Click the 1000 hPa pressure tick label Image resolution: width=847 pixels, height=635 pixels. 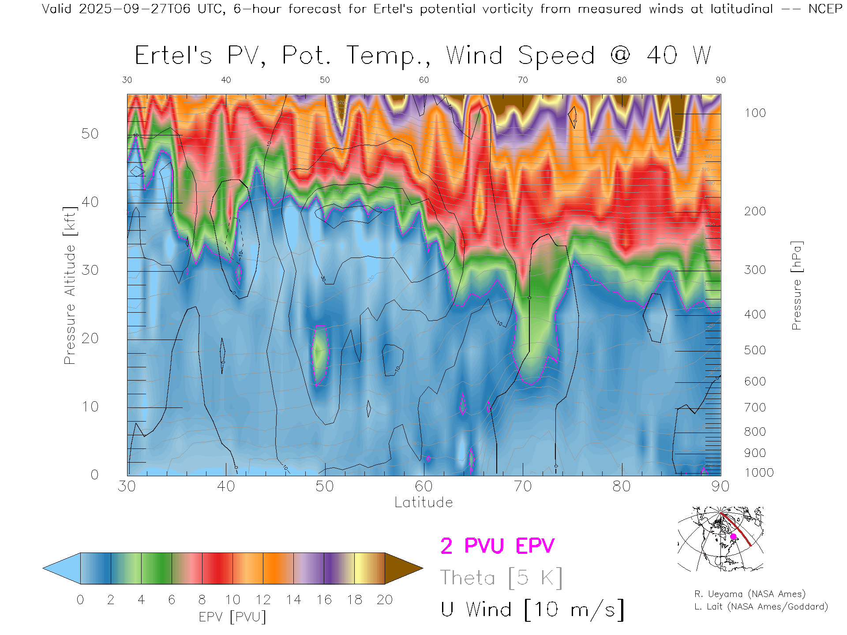coord(759,473)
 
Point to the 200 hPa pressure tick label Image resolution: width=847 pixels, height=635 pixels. coord(755,211)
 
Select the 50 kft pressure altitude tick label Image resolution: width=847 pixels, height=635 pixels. coord(90,134)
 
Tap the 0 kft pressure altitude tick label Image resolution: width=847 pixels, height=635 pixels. coord(94,474)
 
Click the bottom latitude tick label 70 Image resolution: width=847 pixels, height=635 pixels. coord(522,486)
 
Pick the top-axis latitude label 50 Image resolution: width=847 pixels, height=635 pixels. coord(325,80)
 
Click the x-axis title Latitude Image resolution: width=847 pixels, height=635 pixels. coord(423,503)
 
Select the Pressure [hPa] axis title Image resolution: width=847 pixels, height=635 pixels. coord(796,285)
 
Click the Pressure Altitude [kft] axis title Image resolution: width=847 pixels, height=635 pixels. coord(70,285)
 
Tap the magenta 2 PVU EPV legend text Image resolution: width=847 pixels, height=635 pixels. coord(497,546)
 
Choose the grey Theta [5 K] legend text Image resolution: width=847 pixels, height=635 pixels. coord(501,578)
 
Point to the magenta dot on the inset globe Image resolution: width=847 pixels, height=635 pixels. coord(733,537)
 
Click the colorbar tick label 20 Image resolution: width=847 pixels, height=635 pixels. coord(385,600)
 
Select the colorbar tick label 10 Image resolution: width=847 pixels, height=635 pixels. coord(232,600)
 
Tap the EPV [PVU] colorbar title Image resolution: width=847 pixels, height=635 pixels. coord(232,617)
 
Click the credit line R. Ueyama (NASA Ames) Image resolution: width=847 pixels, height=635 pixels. coord(750,594)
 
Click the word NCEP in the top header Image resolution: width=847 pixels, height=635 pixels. coord(825,9)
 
